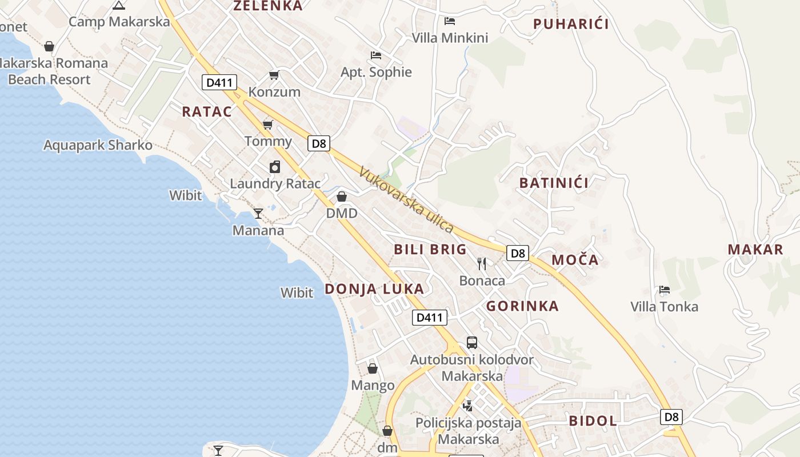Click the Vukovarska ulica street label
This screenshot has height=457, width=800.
(406, 200)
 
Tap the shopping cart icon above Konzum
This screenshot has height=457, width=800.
(274, 75)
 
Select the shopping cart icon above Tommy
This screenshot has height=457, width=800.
(267, 125)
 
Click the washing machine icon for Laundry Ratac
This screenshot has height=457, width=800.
(275, 167)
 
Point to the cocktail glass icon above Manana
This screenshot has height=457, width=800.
(258, 214)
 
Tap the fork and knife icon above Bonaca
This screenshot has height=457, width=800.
(482, 263)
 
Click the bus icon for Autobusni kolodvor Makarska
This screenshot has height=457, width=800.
(471, 343)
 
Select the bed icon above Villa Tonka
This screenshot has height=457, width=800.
(665, 290)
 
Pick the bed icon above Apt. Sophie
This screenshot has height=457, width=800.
(375, 55)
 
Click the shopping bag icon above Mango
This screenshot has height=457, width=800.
(373, 368)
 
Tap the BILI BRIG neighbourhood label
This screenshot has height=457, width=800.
(430, 249)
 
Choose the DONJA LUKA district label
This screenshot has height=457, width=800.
(374, 289)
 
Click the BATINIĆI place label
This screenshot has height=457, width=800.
(554, 183)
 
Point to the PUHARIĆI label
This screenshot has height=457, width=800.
(571, 24)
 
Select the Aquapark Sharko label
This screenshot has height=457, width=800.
(98, 145)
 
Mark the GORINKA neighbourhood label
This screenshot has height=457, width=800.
(522, 306)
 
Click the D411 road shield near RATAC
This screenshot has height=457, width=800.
(219, 82)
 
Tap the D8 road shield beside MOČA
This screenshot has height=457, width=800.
(518, 253)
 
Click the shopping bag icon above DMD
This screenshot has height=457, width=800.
(342, 197)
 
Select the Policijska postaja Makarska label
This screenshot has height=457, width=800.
(469, 431)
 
